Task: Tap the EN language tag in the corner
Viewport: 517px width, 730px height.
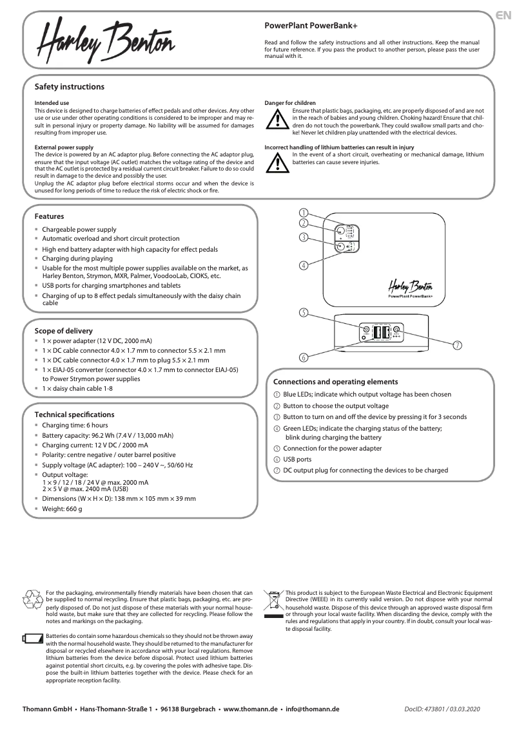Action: pyautogui.click(x=505, y=15)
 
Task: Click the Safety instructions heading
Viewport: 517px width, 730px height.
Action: pyautogui.click(x=69, y=87)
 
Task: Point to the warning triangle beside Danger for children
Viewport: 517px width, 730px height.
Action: pyautogui.click(x=277, y=120)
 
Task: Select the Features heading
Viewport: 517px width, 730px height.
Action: pyautogui.click(x=49, y=216)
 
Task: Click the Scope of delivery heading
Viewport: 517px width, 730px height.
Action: pyautogui.click(x=63, y=331)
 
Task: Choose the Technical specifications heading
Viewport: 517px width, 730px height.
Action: pyautogui.click(x=74, y=415)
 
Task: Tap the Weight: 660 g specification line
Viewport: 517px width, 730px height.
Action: pyautogui.click(x=62, y=509)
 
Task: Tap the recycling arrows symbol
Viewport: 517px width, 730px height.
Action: pyautogui.click(x=32, y=599)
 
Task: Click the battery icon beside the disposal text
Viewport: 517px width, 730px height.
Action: pyautogui.click(x=32, y=639)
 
